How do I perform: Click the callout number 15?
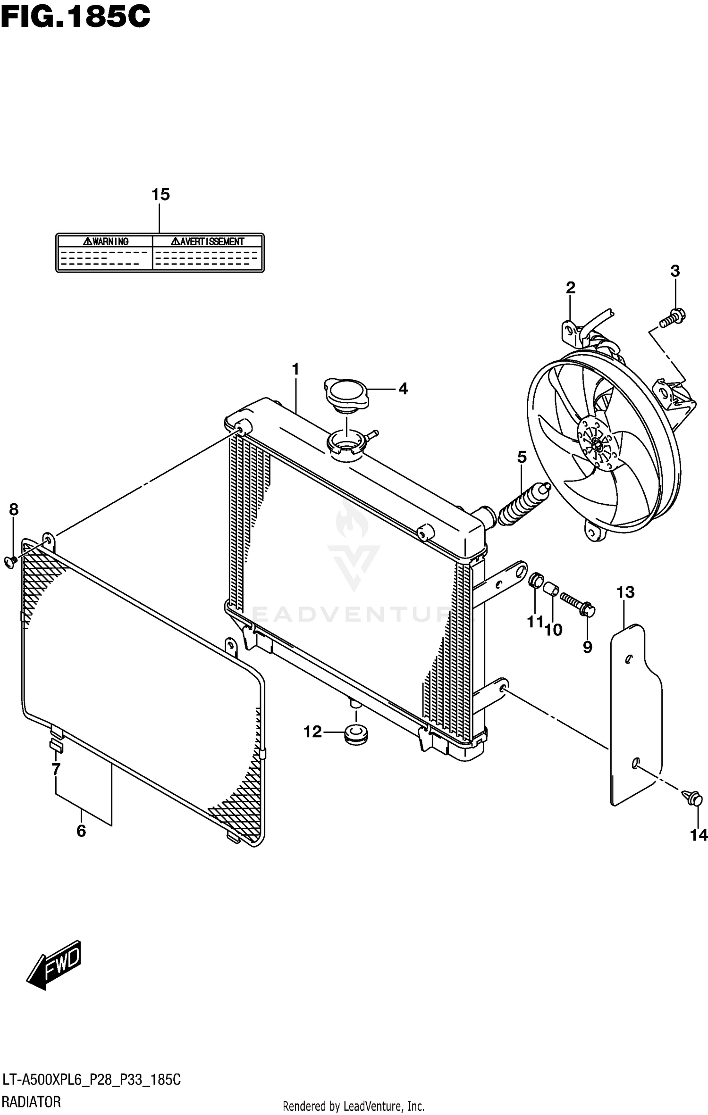click(160, 194)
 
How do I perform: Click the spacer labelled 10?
click(551, 590)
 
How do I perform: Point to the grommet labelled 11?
click(536, 580)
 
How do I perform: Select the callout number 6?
click(81, 831)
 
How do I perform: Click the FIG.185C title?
click(76, 18)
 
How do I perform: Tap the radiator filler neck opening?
click(346, 443)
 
